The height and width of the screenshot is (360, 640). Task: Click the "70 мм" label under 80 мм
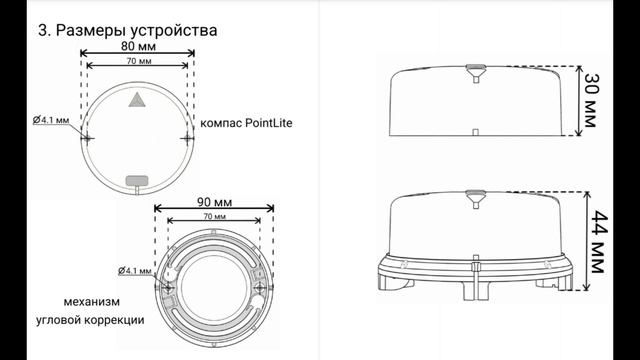coord(140,62)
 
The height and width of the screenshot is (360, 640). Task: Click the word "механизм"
coord(91,301)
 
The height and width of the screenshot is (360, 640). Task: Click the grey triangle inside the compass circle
coord(137,100)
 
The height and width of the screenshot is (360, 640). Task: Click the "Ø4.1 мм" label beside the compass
coord(51,120)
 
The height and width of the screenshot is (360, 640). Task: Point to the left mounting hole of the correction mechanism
coord(169,286)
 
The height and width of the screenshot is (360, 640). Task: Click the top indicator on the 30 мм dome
coord(476,71)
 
